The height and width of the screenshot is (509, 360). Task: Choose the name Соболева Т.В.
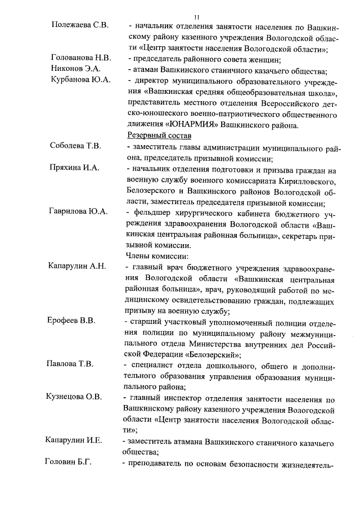tap(76, 146)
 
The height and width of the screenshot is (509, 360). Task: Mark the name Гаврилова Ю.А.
tap(78, 211)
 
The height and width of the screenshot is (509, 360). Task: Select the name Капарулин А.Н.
tap(76, 266)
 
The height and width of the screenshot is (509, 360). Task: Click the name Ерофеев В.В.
tap(71, 321)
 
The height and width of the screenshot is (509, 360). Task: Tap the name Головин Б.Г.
tap(68, 462)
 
